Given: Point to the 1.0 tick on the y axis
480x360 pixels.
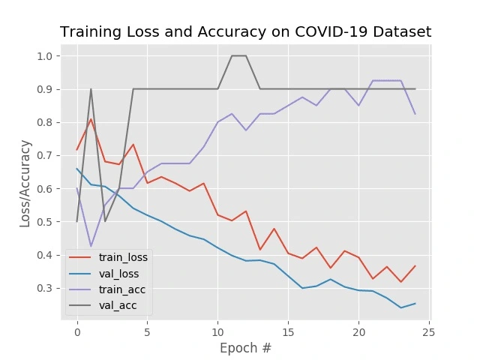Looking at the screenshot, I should pos(44,56).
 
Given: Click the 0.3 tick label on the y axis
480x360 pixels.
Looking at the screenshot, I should pos(44,288).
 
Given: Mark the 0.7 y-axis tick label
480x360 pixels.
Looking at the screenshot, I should pos(44,155).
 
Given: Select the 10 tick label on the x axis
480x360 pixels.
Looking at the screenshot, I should pos(217,331).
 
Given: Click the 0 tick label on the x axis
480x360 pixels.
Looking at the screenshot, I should pos(77,331).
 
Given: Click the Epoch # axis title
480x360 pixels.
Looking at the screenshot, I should pos(245,348).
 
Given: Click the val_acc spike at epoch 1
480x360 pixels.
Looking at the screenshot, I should pos(91,89).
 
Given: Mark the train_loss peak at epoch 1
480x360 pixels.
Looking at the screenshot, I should pos(91,119).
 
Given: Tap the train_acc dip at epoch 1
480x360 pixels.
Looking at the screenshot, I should pos(91,246).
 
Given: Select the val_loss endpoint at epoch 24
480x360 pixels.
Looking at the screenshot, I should pos(415,303).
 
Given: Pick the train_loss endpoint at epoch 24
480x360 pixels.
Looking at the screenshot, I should pos(415,265).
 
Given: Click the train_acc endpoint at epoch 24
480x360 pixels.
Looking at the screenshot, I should pos(415,114).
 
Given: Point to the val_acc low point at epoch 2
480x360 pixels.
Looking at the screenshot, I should pos(105,221).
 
